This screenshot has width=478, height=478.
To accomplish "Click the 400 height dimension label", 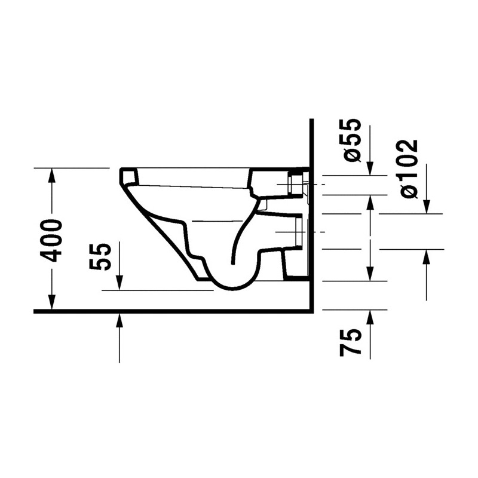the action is (x=52, y=240).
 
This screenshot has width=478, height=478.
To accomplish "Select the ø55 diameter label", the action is (x=351, y=140).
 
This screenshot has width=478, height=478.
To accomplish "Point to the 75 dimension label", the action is (x=351, y=342).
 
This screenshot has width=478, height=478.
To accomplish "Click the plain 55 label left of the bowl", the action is (x=99, y=257).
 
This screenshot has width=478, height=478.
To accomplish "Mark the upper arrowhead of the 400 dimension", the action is (x=52, y=175).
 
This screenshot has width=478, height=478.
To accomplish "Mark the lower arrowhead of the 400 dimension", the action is (x=52, y=302).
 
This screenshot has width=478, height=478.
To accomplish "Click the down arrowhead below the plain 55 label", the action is (x=119, y=283).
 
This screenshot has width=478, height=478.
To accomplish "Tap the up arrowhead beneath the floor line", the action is (x=119, y=320).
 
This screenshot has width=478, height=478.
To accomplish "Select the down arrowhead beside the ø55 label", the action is (x=370, y=168).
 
